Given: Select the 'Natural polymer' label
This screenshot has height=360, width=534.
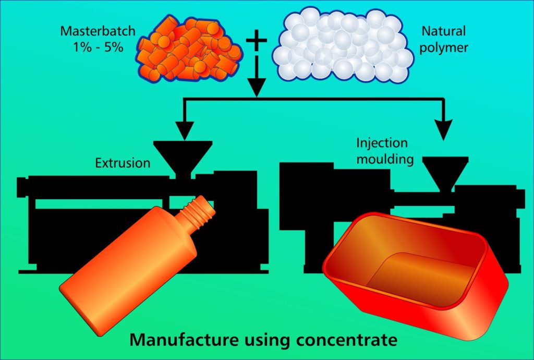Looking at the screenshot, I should [x=443, y=39].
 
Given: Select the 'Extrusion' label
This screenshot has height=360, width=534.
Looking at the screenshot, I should [x=123, y=163].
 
